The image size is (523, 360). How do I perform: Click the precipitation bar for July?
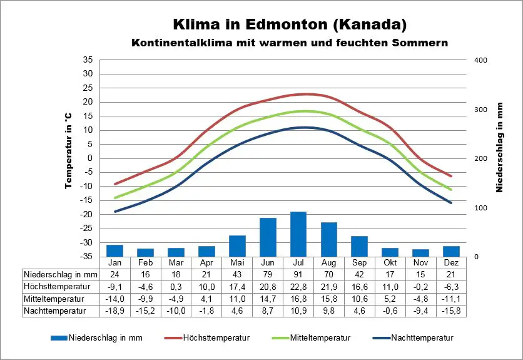298,234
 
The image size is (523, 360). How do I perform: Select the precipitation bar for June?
268,237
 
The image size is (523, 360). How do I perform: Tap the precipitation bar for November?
421,253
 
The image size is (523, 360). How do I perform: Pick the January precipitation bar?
114,250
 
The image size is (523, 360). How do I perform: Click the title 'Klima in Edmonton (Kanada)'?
290,25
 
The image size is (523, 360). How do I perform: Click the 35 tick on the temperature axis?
88,60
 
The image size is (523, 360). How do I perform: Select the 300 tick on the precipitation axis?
480,110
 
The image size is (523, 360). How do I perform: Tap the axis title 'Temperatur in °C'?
68,151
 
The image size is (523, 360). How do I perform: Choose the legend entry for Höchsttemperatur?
216,338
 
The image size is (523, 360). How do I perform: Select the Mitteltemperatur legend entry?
320,338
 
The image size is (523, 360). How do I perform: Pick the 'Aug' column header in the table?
328,263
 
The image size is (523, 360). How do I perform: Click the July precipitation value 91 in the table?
298,274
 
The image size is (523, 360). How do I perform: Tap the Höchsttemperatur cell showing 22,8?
298,286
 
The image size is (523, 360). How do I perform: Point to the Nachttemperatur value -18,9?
114,310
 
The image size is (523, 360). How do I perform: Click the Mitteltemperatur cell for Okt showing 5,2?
390,298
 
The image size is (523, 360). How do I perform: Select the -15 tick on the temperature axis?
86,200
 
